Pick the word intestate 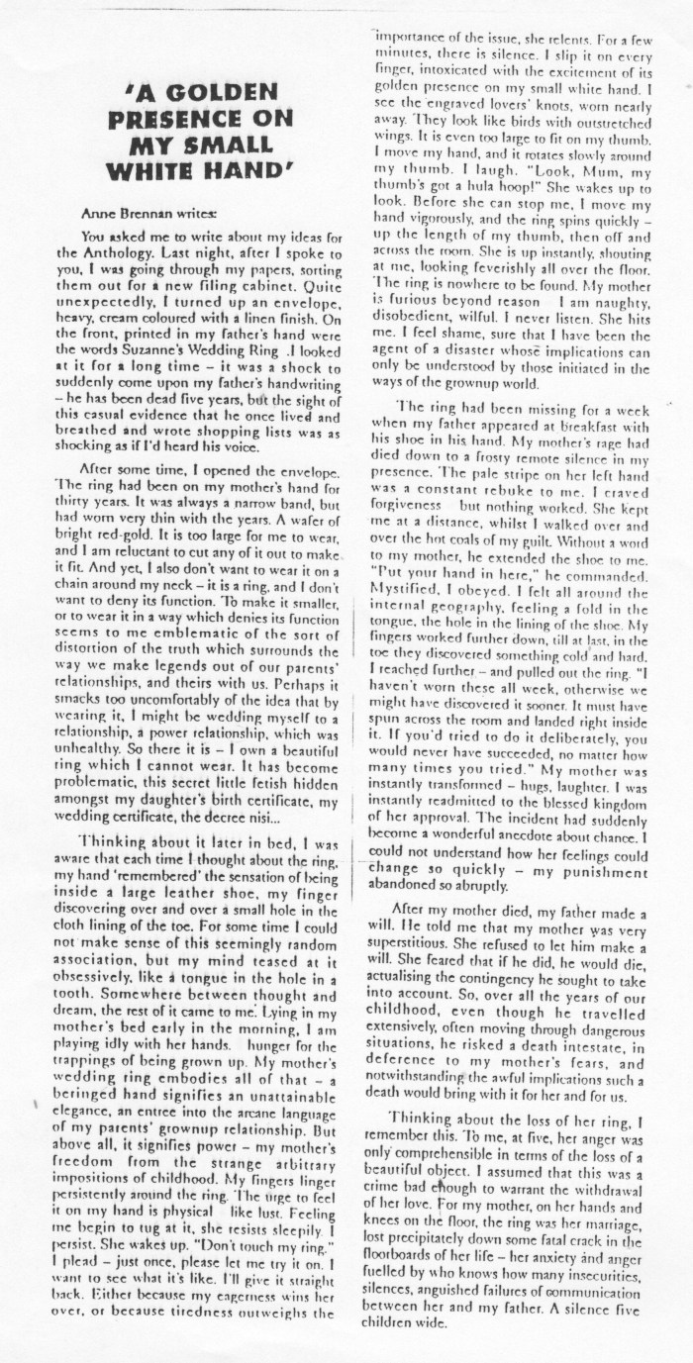coord(601,1048)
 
